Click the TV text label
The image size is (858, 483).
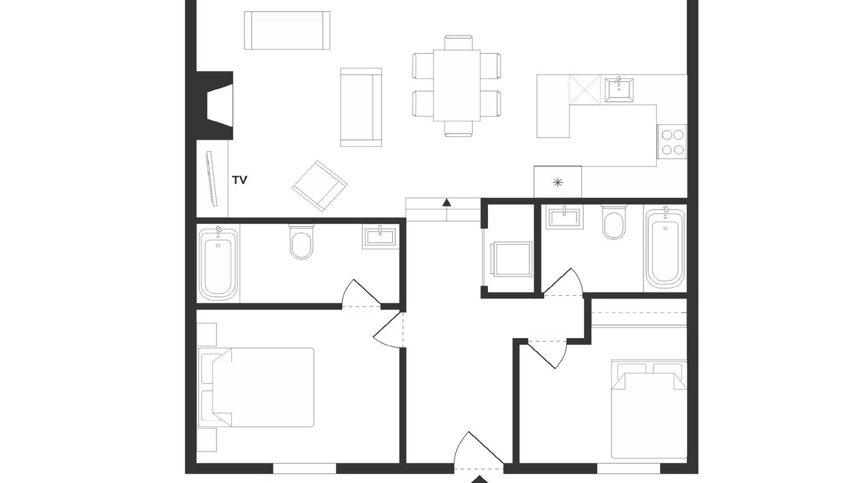click(x=240, y=180)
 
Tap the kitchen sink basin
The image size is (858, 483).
click(x=619, y=90)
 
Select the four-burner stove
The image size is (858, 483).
click(x=672, y=142)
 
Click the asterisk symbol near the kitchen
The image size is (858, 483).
click(x=558, y=183)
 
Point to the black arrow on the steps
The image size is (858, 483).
click(x=446, y=203)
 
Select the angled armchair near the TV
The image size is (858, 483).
click(x=320, y=186)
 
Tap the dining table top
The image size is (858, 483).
click(x=457, y=85)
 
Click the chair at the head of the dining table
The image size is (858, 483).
click(x=458, y=42)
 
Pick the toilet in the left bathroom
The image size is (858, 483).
click(x=301, y=241)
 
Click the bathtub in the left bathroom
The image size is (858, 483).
click(x=218, y=264)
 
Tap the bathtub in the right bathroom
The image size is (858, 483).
click(x=665, y=248)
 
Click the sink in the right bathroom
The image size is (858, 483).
click(x=565, y=217)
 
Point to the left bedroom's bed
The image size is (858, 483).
click(x=255, y=388)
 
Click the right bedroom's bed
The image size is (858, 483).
click(x=648, y=409)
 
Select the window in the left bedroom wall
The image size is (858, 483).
click(x=304, y=468)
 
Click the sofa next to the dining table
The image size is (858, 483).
click(x=361, y=107)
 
